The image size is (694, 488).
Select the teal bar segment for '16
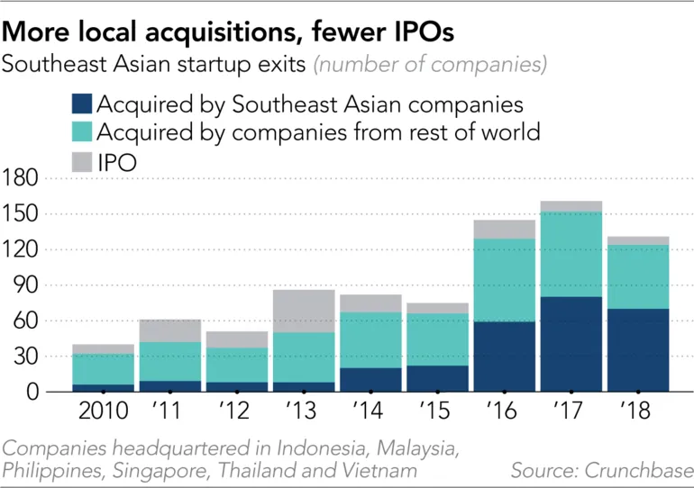coord(504,280)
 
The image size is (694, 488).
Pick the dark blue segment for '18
coord(637,350)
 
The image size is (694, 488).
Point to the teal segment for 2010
coord(104,369)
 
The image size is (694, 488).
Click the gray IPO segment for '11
coord(170,330)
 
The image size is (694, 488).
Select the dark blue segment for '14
coord(370,379)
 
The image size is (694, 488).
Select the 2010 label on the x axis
coord(104,413)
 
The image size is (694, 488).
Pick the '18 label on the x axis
coord(637,413)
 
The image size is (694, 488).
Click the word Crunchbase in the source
coord(638,470)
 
